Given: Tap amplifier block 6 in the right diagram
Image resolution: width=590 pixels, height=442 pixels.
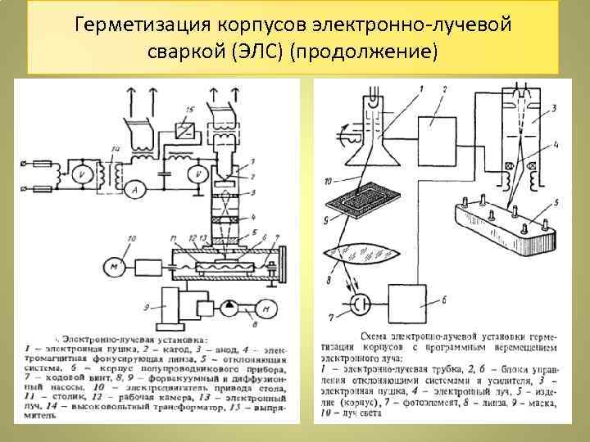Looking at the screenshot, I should [432, 302].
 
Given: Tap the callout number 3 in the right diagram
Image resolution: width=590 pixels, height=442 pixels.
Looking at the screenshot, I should [554, 107].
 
